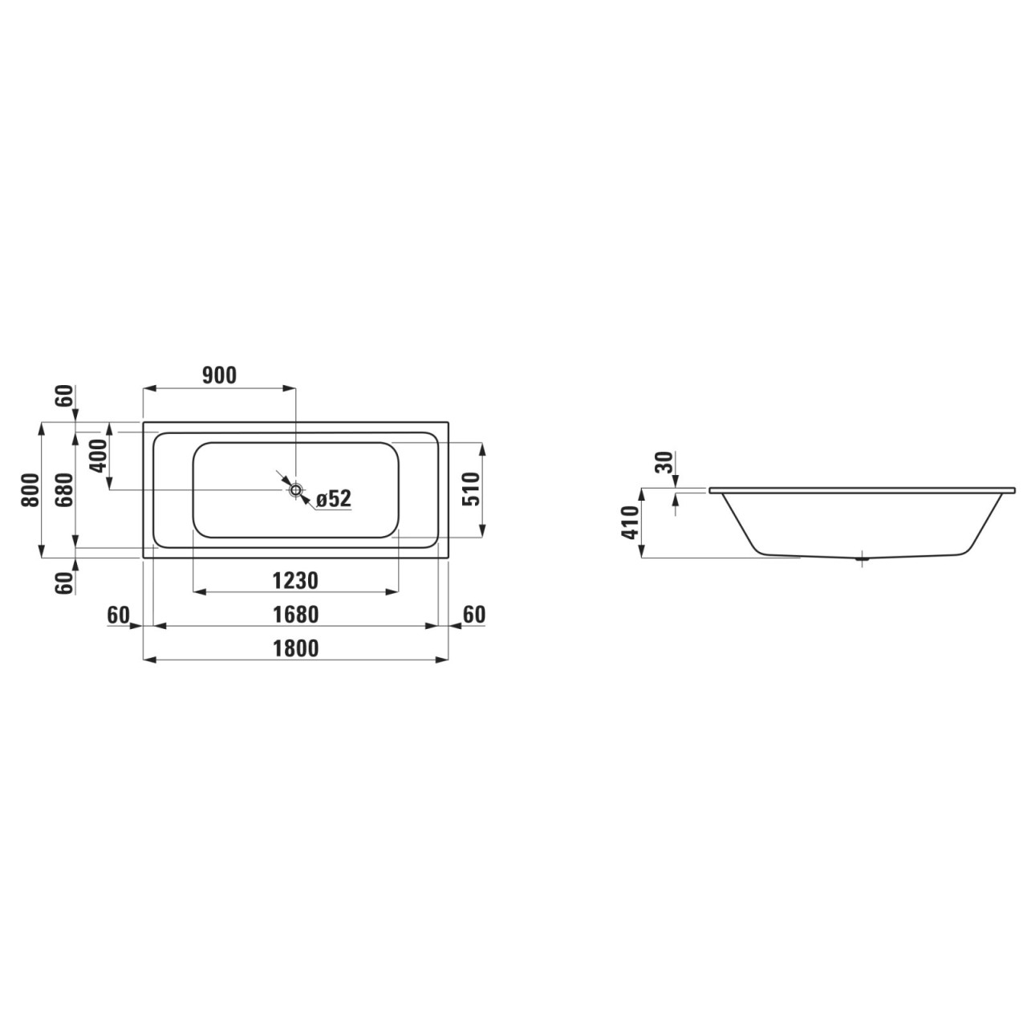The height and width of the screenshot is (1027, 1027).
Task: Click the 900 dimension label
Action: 218,375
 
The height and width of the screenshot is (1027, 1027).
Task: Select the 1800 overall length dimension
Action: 295,648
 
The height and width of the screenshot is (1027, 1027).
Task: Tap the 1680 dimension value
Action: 295,615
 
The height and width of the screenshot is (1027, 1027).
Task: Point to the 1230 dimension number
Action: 295,580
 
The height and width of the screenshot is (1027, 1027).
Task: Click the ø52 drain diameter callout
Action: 333,499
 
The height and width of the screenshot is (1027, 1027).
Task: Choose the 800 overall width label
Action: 30,489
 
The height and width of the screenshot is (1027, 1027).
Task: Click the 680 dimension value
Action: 65,489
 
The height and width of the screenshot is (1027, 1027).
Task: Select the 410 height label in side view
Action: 630,523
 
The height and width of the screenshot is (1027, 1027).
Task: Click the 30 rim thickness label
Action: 664,464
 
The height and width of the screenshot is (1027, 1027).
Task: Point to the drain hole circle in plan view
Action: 296,489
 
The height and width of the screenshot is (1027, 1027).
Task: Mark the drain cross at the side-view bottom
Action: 863,558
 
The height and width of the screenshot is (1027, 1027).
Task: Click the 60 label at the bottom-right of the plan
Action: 474,615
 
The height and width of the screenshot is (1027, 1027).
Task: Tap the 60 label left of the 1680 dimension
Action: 118,615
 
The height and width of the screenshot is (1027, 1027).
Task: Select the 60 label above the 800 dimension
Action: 65,396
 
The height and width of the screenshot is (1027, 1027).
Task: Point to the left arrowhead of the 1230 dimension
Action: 198,592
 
